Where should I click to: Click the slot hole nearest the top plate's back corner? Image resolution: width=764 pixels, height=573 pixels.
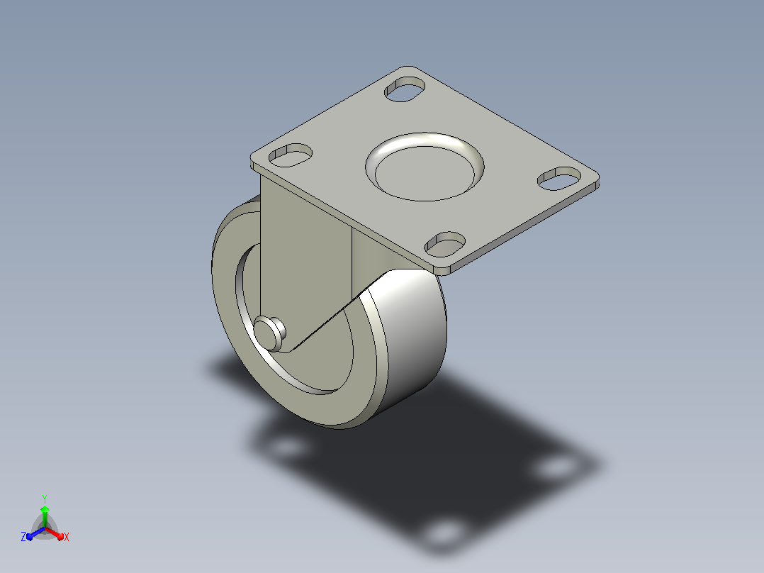coord(405,89)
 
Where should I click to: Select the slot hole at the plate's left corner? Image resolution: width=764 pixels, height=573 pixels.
coord(291,155)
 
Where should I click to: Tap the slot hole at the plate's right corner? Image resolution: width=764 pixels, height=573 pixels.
coord(559,179)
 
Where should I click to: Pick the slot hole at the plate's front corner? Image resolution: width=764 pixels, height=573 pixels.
coord(445,245)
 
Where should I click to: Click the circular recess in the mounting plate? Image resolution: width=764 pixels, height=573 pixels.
coord(425,167)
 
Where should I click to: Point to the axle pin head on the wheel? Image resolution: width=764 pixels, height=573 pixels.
coord(269,333)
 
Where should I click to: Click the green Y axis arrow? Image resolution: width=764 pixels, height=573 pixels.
coord(45,516)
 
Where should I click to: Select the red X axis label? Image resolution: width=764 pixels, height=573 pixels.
coord(67,537)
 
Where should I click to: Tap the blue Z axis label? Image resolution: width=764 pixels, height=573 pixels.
coord(23,537)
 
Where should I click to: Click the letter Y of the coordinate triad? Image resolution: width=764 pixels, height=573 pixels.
coord(45,499)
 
